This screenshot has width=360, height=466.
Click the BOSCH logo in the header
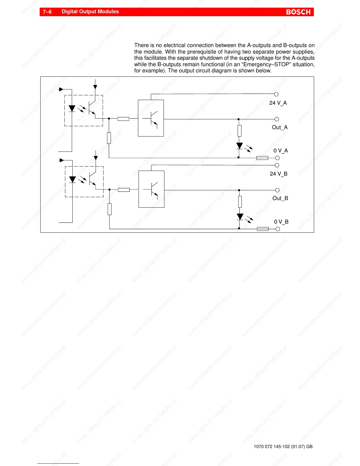point(298,12)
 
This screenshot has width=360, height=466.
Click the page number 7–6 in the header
point(47,12)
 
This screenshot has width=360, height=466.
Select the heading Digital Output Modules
point(90,12)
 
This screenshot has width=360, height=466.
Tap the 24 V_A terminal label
point(278,103)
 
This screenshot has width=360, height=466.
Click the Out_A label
point(280,127)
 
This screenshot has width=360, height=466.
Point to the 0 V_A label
point(281,151)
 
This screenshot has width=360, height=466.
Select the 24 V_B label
point(279,174)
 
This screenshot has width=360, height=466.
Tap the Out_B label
point(280,198)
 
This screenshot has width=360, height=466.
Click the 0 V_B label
point(281,222)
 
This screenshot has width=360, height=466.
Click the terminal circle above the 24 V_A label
point(276,94)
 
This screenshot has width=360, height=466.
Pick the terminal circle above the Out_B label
point(277,190)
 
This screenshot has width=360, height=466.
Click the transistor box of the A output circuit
point(151,118)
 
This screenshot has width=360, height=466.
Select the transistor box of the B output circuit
point(151,189)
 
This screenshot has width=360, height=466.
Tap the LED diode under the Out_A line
point(240,146)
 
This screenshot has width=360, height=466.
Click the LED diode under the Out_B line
point(240,217)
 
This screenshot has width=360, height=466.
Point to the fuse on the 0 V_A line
point(262,158)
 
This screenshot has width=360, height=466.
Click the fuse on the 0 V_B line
point(263,229)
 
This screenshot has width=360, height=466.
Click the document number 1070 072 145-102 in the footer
point(271,447)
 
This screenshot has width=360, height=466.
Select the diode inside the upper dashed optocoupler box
point(72,109)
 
